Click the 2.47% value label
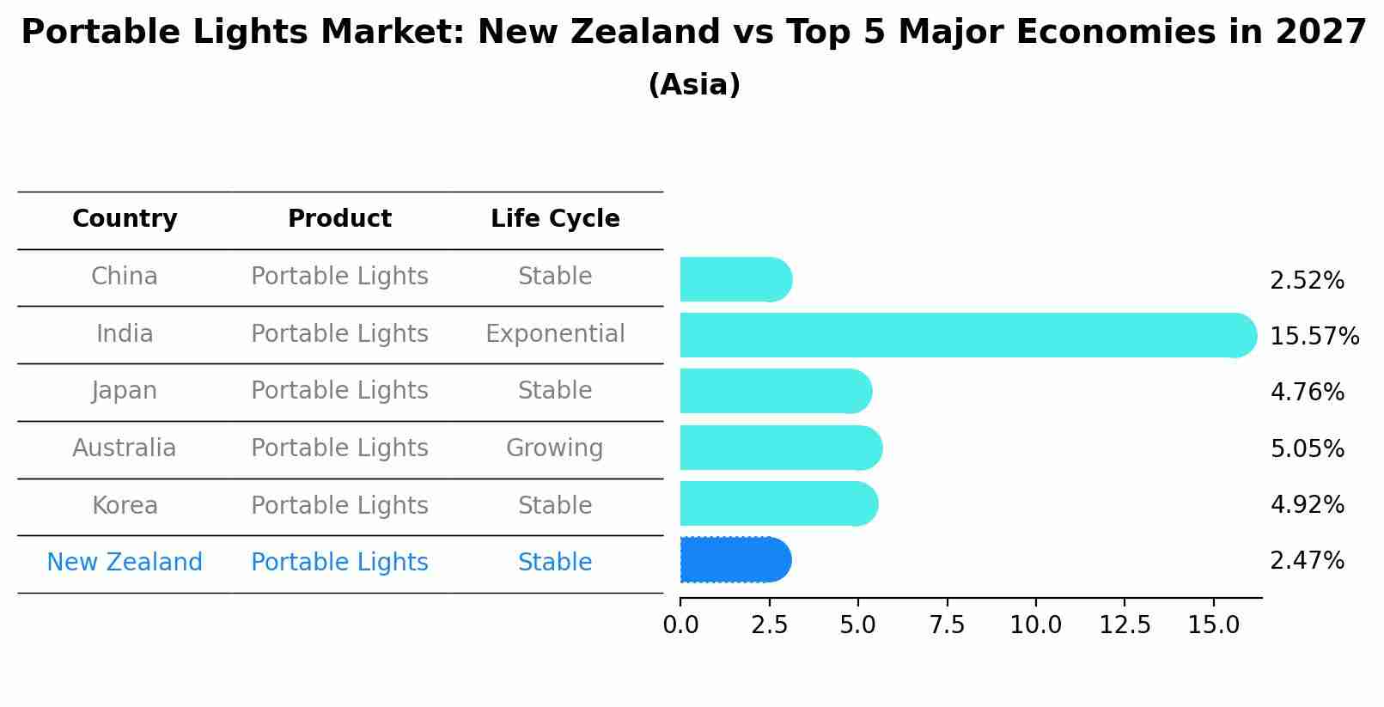pos(1307,561)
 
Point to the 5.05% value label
pos(1307,448)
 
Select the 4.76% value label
pos(1307,393)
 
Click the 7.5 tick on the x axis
pos(947,625)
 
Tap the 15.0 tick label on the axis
pos(1213,625)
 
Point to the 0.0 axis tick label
pos(680,625)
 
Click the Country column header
pos(125,219)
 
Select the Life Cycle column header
pos(555,219)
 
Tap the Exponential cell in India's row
pos(555,334)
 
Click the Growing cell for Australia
pos(555,448)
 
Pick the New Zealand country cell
pos(125,563)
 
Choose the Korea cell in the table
pos(125,506)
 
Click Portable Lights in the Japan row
pos(339,391)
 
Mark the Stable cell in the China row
pos(555,277)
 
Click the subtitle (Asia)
pos(693,85)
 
